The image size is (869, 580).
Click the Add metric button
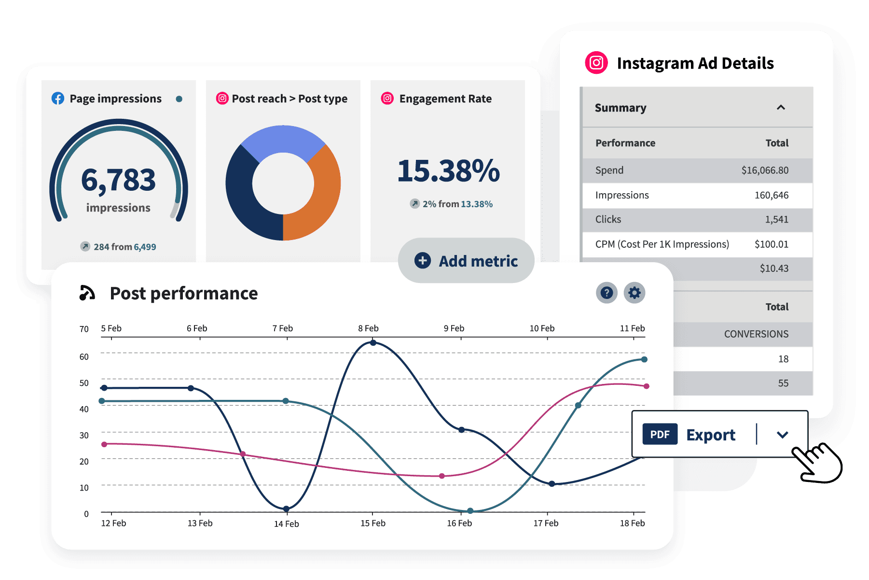tap(466, 261)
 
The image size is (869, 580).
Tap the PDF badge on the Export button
tap(660, 434)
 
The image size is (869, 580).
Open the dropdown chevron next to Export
tap(782, 435)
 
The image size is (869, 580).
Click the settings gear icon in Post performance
tap(634, 293)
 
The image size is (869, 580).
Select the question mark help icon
tap(607, 293)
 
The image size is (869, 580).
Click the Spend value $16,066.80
tap(765, 170)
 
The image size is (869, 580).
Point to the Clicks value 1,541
tap(776, 220)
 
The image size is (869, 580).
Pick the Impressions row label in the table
tap(622, 195)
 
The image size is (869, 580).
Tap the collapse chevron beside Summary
tap(781, 108)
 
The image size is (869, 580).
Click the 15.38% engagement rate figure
tap(448, 171)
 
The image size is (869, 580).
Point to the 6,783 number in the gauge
tap(119, 180)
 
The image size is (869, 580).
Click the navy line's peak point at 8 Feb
tap(373, 343)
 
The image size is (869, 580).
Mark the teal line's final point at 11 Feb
tap(644, 359)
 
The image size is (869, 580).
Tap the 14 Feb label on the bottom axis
tap(287, 524)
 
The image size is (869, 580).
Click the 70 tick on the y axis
tap(84, 329)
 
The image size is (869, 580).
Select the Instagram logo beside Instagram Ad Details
tap(596, 63)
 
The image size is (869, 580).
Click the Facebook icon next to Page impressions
tap(58, 99)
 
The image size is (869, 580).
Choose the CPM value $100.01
tap(771, 244)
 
